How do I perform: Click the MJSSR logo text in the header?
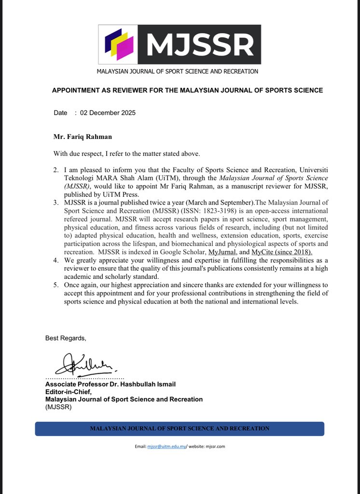click(200, 44)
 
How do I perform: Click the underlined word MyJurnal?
click(220, 251)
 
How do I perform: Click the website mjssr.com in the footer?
click(215, 446)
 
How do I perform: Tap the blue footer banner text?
click(180, 428)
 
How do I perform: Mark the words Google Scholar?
click(184, 251)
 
